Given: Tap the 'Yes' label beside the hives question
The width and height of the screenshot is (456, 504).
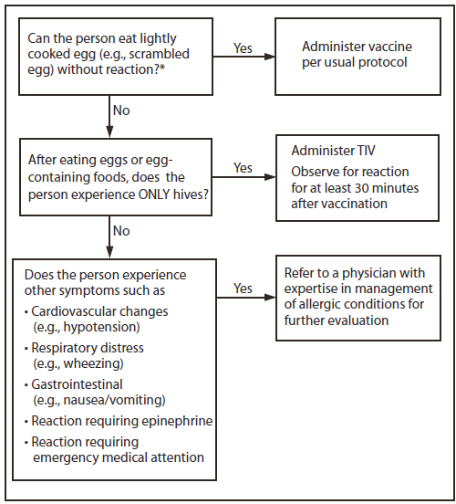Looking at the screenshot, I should click(x=243, y=168).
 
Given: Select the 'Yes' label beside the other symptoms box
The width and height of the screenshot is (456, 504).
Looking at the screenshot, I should click(x=243, y=288).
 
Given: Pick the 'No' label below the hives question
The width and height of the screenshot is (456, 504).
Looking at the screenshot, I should click(x=121, y=231).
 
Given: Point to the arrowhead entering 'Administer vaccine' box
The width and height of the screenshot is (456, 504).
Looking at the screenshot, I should click(x=272, y=58).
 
